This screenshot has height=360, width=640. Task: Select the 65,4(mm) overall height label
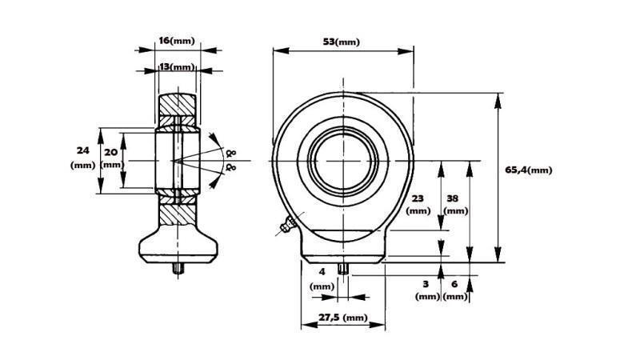529,170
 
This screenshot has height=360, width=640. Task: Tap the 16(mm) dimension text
177,39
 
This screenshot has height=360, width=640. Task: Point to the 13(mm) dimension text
176,67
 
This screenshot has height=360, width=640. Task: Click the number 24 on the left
82,150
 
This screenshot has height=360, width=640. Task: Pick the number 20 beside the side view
110,151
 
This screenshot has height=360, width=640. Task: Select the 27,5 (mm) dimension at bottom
342,318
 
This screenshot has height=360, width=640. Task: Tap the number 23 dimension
418,198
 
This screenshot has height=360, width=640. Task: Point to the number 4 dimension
322,271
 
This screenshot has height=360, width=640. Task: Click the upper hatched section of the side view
177,104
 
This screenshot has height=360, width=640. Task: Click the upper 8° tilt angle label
231,151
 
